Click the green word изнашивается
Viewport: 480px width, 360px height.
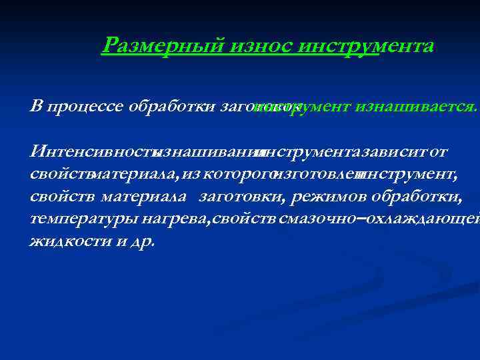[x=416, y=107]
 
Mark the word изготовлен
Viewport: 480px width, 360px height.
[x=316, y=175]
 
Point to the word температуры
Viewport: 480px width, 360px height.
[x=73, y=219]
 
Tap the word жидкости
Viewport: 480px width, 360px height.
[x=65, y=241]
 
